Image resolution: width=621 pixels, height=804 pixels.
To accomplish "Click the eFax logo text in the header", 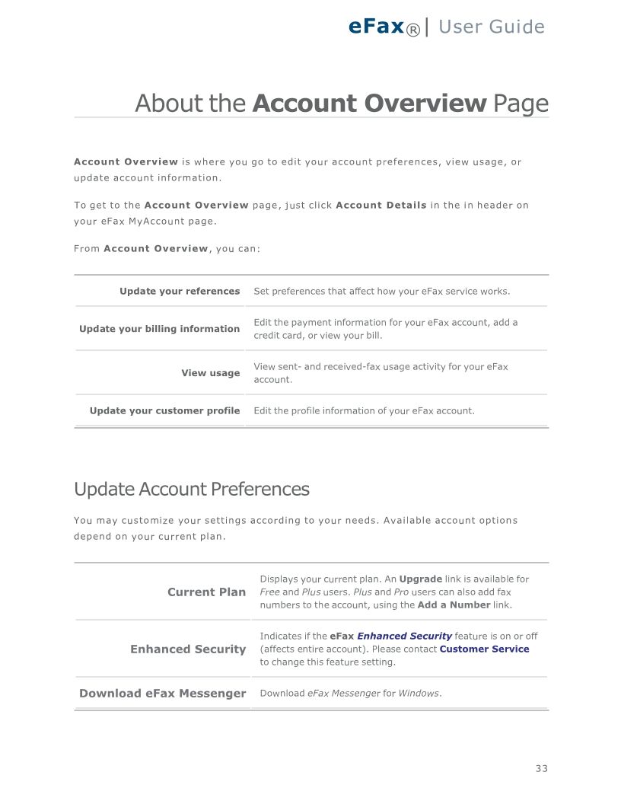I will [x=375, y=27].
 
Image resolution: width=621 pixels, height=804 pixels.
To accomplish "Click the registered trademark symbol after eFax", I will [x=413, y=30].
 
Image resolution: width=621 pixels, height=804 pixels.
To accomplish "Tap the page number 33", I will [x=541, y=768].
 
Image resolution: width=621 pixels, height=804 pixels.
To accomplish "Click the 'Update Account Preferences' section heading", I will [x=192, y=489].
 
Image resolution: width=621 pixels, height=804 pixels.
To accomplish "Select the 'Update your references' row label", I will [x=180, y=291].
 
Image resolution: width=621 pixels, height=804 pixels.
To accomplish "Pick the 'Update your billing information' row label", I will [x=159, y=329].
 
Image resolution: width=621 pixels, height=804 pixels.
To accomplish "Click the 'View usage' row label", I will [x=210, y=373].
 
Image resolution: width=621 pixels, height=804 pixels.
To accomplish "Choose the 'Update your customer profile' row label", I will [x=164, y=410].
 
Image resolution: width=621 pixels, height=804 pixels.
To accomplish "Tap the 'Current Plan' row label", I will [x=206, y=592].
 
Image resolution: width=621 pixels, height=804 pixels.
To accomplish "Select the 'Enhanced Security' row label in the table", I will [x=188, y=649].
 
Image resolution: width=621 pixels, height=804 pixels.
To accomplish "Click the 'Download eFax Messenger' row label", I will [x=163, y=694].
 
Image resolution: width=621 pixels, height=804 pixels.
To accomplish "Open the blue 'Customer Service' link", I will [x=484, y=649].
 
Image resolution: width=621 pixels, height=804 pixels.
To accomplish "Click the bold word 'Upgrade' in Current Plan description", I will [x=420, y=579].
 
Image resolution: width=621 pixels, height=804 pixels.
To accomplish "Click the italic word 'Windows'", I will [x=419, y=694].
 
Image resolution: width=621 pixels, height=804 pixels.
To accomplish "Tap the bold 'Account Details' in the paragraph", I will [x=381, y=205].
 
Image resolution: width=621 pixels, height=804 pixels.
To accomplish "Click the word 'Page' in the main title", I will [x=520, y=103].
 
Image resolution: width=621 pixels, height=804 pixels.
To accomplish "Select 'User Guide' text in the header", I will [x=492, y=27].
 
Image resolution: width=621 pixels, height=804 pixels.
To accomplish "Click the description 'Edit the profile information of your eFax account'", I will [x=364, y=410].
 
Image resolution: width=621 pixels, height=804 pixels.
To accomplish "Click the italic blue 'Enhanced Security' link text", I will [x=404, y=636].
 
